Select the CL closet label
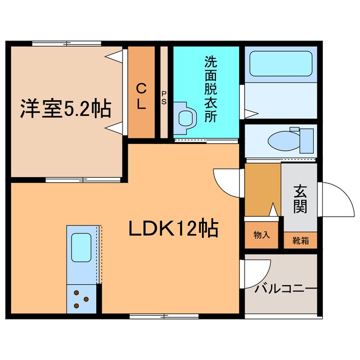click(x=141, y=95)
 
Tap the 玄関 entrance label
click(x=299, y=199)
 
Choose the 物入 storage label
click(x=262, y=235)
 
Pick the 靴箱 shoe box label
click(x=300, y=240)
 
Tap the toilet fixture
click(x=290, y=138)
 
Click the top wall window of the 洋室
click(x=66, y=43)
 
